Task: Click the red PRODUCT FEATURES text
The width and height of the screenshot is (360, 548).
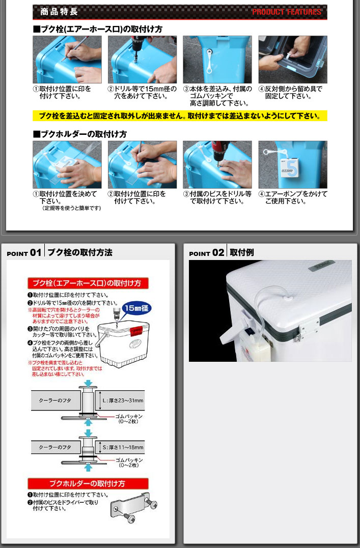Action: coord(287,12)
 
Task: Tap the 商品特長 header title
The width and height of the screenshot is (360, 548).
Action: coord(56,12)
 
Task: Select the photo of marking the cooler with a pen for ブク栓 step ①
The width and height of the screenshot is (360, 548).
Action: coord(67,59)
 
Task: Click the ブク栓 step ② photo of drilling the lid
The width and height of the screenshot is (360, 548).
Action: coord(142,59)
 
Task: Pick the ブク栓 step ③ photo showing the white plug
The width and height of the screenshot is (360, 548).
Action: coord(217,59)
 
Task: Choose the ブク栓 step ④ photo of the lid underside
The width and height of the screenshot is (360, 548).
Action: coord(292,59)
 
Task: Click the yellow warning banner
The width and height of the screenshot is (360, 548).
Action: coord(180,116)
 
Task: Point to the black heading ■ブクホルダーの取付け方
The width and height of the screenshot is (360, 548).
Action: coord(79,134)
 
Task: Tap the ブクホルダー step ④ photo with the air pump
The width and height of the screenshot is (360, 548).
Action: coord(292,164)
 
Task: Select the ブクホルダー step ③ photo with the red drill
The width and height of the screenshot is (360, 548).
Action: coord(217,164)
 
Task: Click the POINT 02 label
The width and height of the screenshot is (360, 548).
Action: coord(206,253)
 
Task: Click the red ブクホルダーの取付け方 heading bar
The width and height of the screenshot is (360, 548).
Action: coord(88,483)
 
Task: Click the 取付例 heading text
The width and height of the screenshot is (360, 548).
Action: coord(241,252)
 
